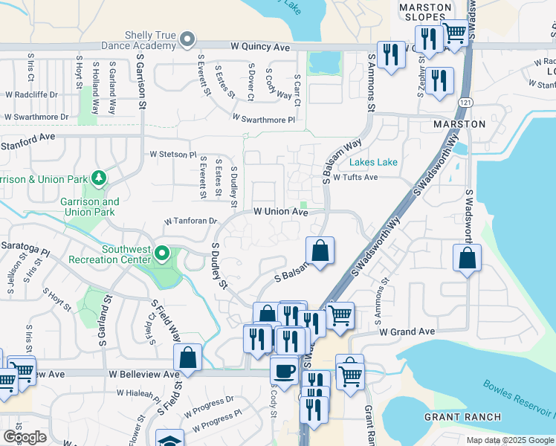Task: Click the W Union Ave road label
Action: (x=281, y=212)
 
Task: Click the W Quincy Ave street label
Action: (x=259, y=47)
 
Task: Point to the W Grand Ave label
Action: (x=407, y=331)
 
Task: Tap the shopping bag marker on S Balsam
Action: (x=320, y=251)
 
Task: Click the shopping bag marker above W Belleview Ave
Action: (x=188, y=357)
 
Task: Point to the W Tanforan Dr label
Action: (x=191, y=221)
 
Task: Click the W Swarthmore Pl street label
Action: (x=263, y=119)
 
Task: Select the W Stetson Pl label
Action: (x=172, y=155)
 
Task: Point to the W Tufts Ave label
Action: (x=355, y=177)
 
